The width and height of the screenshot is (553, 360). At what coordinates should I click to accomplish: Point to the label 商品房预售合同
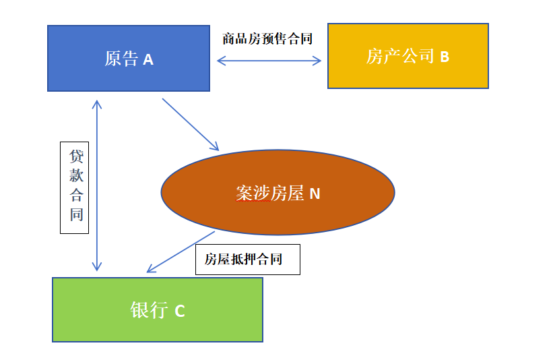pyautogui.click(x=267, y=38)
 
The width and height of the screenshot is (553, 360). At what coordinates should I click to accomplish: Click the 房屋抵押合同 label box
pyautogui.click(x=247, y=260)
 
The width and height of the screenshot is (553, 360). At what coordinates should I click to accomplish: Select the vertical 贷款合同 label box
pyautogui.click(x=75, y=187)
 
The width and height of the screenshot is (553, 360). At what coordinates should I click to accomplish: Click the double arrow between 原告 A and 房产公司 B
pyautogui.click(x=269, y=61)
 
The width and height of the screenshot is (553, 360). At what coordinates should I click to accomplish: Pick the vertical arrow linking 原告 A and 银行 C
pyautogui.click(x=97, y=185)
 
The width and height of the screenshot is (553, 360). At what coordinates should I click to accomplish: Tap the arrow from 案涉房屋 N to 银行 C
pyautogui.click(x=181, y=252)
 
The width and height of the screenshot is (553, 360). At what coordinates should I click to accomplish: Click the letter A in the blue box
pyautogui.click(x=148, y=59)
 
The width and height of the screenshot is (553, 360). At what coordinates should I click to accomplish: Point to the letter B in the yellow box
pyautogui.click(x=445, y=57)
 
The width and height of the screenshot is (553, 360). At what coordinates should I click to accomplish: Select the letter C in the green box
pyautogui.click(x=179, y=311)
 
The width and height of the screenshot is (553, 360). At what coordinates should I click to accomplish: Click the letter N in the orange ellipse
pyautogui.click(x=315, y=194)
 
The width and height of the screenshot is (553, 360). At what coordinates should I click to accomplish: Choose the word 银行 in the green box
pyautogui.click(x=148, y=310)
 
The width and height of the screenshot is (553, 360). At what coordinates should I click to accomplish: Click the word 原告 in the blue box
pyautogui.click(x=121, y=59)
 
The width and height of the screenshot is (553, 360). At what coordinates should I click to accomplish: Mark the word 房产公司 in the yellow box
pyautogui.click(x=400, y=56)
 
